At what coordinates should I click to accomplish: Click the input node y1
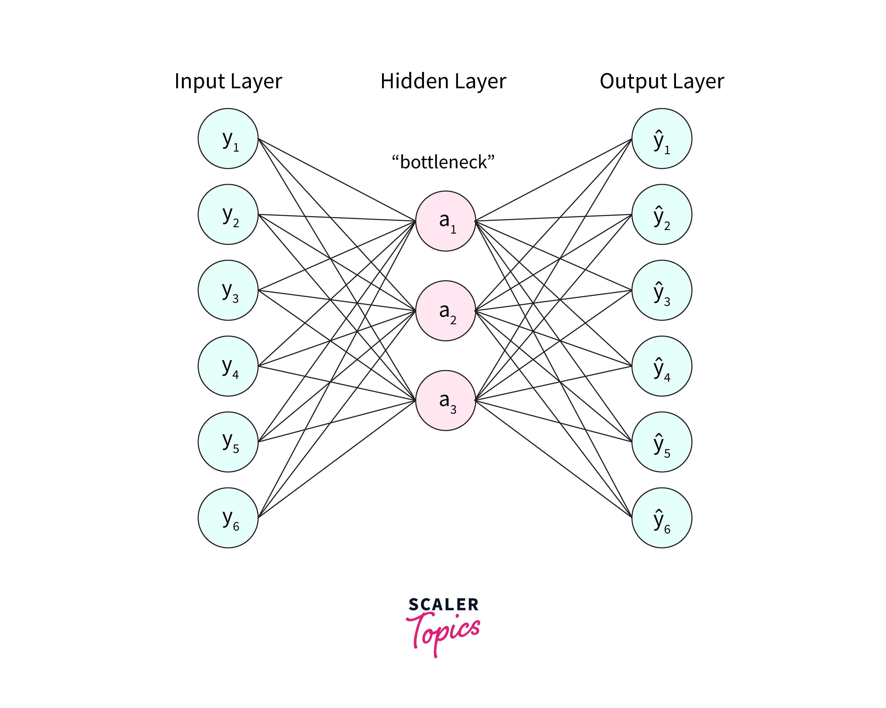228,139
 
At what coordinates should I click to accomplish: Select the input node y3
228,290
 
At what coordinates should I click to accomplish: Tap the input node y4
228,366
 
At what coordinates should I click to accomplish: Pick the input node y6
228,518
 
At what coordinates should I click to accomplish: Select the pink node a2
445,311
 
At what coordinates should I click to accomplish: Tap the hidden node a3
445,400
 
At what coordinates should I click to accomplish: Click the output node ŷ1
662,139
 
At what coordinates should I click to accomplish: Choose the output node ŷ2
662,214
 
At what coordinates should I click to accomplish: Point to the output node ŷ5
662,442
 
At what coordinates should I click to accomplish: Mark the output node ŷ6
662,518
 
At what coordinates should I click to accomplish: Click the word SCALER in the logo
444,605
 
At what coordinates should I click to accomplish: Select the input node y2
228,214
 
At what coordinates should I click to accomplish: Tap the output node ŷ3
662,290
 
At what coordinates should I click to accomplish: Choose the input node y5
228,442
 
